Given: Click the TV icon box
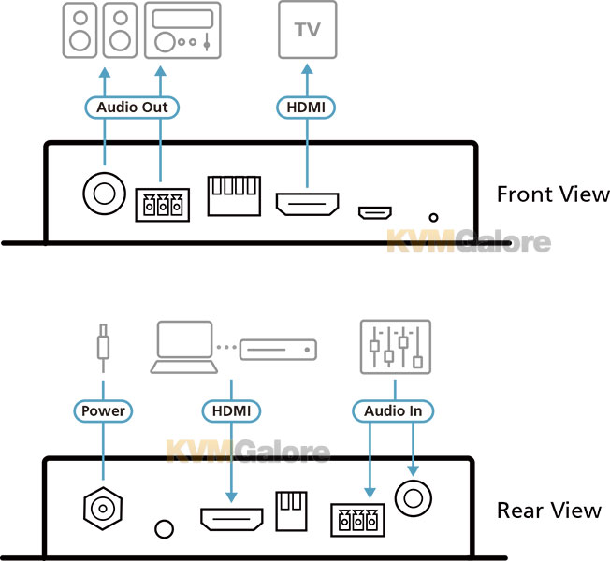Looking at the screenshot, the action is coord(307,30).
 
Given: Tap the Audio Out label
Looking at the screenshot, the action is coord(132,108).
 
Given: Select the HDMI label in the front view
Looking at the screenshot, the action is coord(306,108).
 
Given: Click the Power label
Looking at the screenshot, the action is coord(103,411).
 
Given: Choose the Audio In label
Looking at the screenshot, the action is coord(393,411).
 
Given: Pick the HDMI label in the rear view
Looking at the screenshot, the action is coord(231,411).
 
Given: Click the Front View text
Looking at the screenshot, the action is coord(553,194).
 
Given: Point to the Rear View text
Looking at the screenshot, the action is coord(549,511).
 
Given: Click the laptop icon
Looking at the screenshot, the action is coord(184,347).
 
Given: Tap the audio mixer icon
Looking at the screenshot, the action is coord(396,347).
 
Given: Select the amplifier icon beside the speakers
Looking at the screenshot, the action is coord(182,30).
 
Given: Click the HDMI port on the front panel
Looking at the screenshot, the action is coord(307,204).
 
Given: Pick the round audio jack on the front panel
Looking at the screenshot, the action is coord(104,194).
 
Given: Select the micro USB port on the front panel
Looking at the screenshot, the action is coord(375,212).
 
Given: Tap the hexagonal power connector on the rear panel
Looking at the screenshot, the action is coord(103,508).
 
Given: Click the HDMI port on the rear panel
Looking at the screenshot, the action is coord(232,520).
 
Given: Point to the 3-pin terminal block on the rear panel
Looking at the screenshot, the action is coord(358,520).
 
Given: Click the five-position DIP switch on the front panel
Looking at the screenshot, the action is coord(234,195).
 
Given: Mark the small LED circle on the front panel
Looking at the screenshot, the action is coord(433,218).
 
